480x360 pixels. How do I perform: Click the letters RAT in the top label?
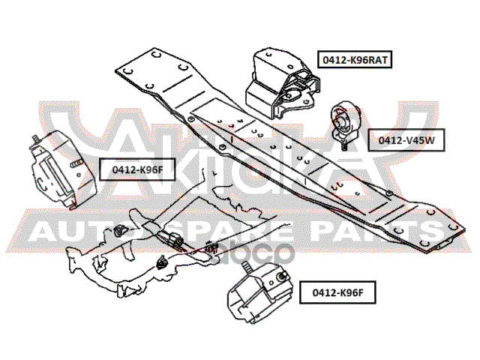point(377,58)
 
